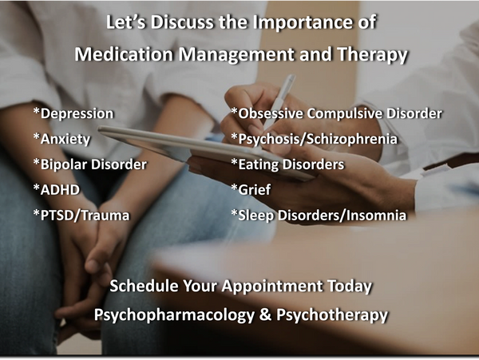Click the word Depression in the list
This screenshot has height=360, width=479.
[x=77, y=114]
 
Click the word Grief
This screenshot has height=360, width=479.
[x=254, y=190]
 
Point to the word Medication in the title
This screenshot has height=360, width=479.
[x=125, y=54]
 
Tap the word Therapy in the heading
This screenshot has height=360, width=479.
[x=372, y=55]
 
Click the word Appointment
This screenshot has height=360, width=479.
[x=272, y=287]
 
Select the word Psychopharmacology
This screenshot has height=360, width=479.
[x=174, y=315]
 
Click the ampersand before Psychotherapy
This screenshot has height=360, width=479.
[x=265, y=315]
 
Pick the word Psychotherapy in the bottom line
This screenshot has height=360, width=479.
[x=332, y=315]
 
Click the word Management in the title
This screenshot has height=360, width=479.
[x=237, y=55]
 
